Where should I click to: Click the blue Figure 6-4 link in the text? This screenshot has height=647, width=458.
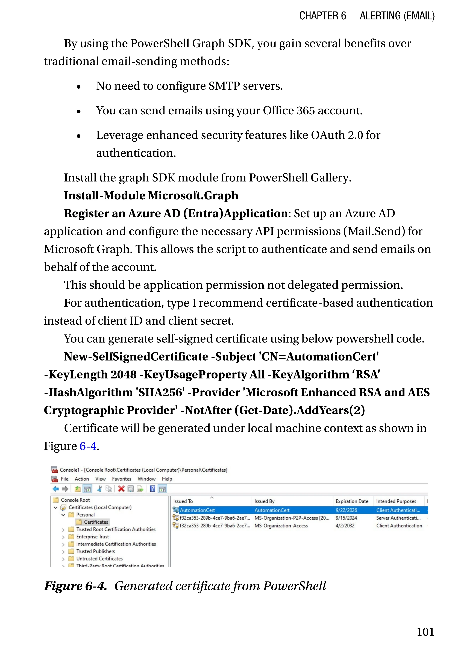click(x=88, y=446)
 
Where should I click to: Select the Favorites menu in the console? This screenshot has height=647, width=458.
click(x=122, y=479)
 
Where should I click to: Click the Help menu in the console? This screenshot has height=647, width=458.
click(x=167, y=479)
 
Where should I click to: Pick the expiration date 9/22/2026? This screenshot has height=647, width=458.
click(x=346, y=510)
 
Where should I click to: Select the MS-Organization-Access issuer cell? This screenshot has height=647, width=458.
click(x=281, y=526)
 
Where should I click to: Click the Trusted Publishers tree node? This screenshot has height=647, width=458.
click(x=96, y=551)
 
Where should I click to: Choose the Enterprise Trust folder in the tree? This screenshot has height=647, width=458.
click(x=93, y=536)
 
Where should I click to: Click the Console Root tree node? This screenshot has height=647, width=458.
click(x=75, y=500)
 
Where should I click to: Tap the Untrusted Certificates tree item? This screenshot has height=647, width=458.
click(x=99, y=559)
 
